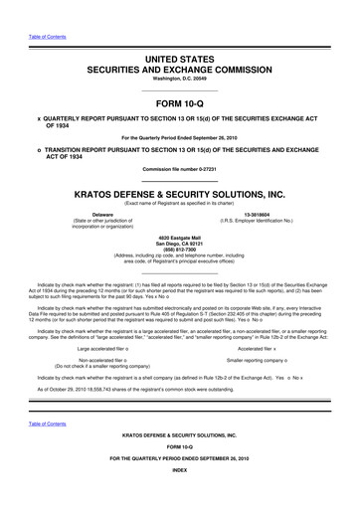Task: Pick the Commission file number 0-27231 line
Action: coord(179,170)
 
